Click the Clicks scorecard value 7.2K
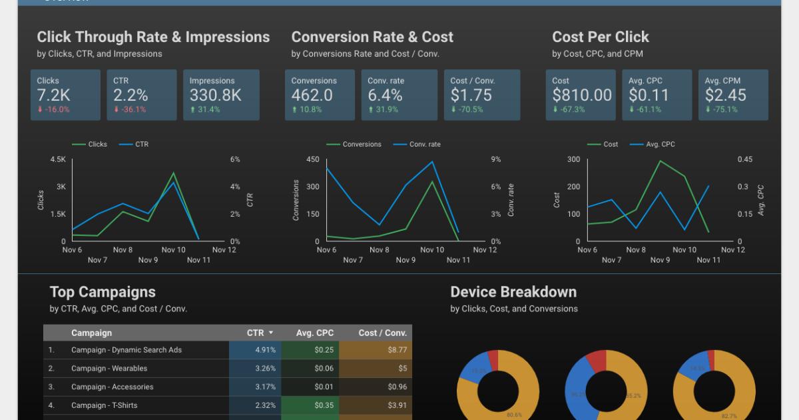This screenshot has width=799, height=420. [54, 95]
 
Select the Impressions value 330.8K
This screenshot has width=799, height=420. [215, 95]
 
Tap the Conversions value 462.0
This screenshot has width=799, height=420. [312, 95]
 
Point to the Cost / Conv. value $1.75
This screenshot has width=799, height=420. [471, 95]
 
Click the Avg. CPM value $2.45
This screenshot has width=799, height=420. [726, 95]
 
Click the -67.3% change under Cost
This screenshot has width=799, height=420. [571, 109]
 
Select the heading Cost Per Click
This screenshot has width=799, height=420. [600, 37]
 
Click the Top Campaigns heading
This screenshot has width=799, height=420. [103, 292]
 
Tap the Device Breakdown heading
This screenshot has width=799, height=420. [513, 292]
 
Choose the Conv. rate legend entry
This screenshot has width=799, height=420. [424, 144]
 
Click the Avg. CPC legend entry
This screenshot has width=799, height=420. [660, 144]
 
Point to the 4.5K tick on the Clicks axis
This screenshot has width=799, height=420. [58, 160]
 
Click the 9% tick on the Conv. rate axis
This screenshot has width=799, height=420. [496, 160]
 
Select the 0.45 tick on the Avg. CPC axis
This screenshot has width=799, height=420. [745, 160]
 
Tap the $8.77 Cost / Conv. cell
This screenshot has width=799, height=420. [397, 350]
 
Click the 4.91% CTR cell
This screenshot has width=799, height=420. [265, 350]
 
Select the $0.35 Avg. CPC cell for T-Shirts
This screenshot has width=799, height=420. [324, 405]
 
